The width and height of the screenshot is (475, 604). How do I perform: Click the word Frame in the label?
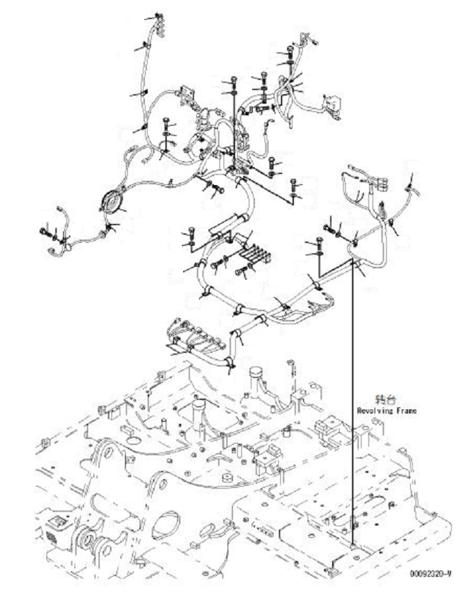click(x=404, y=411)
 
